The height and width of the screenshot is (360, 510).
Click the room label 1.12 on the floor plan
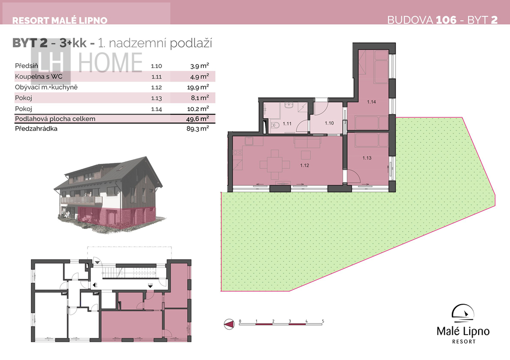tap(304, 165)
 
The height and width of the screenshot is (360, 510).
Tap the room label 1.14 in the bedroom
tap(371, 102)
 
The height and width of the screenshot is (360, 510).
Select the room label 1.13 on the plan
tap(367, 158)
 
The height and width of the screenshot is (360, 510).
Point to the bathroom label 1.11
tap(287, 123)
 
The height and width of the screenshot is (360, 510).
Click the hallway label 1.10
tap(329, 123)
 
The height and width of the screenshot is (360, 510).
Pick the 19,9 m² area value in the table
tap(199, 87)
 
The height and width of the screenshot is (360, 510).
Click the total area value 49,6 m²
tap(197, 119)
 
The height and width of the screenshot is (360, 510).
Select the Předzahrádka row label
tap(36, 128)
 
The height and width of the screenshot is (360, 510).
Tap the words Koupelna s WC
tap(38, 76)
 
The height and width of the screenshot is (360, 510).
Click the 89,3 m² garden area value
tap(197, 128)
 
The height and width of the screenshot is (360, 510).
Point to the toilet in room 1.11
tap(275, 125)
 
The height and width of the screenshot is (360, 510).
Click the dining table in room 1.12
tap(275, 164)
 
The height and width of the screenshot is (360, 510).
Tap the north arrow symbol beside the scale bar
tap(229, 324)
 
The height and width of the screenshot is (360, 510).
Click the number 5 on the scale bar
tap(323, 321)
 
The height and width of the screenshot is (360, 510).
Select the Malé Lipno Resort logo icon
tap(463, 315)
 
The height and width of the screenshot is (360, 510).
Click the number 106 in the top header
tap(446, 20)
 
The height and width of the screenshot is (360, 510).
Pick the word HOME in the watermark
tap(110, 62)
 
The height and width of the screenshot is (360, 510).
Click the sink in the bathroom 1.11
tap(288, 106)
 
